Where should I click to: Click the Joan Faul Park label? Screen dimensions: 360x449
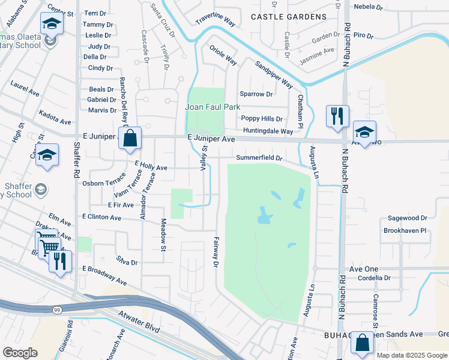[x=212, y=107]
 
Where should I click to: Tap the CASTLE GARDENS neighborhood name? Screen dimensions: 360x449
[x=289, y=17]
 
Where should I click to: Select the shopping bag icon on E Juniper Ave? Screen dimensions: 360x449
[x=130, y=138]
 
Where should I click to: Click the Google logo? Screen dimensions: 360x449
[x=21, y=352]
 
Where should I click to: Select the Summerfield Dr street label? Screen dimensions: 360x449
[x=259, y=158]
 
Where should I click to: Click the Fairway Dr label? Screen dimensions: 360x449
[x=215, y=251]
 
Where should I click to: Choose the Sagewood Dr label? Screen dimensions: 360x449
[x=407, y=218]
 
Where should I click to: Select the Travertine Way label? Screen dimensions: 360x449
[x=215, y=21]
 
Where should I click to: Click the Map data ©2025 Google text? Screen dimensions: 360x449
[x=411, y=355]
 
